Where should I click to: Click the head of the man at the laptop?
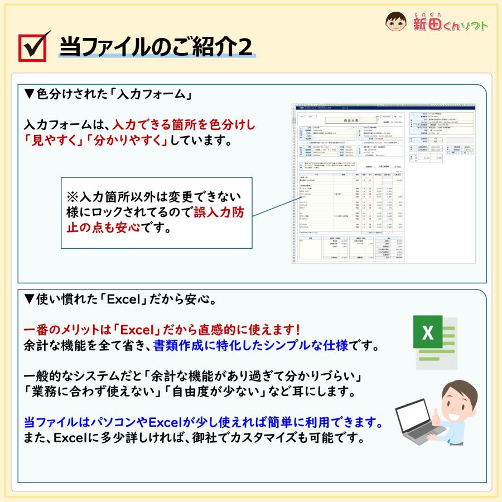click(x=461, y=397)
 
